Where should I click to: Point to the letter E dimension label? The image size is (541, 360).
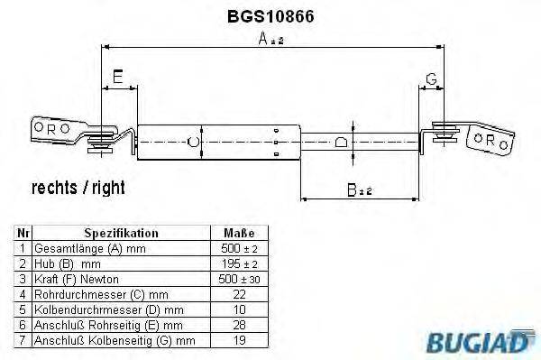116,78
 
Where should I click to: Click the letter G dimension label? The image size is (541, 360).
431,78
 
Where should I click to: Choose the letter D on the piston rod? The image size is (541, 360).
340,142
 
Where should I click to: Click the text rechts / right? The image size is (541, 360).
78,188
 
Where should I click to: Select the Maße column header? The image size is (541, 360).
239,232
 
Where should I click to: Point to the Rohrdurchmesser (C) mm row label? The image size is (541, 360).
101,292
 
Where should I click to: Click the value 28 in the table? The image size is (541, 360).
239,324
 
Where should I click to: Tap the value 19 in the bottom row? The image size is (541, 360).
239,340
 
